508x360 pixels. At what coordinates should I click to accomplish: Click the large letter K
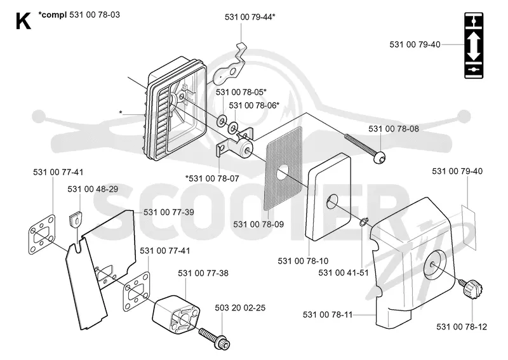23,21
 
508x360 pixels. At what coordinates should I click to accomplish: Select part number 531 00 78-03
95,15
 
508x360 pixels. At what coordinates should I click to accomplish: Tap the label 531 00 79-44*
250,17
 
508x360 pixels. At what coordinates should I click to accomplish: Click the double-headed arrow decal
474,45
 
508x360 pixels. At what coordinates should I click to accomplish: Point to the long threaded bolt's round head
380,157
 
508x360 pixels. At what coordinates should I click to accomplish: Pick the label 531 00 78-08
394,129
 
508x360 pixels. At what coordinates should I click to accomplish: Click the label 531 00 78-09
258,224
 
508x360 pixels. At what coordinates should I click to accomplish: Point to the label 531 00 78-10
303,260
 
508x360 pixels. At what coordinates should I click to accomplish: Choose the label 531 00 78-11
328,314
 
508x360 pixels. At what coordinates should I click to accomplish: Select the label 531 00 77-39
169,212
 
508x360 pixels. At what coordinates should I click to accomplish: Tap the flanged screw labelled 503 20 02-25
215,339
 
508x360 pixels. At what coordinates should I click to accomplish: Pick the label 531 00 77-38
203,273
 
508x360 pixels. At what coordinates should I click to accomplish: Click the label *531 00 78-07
212,178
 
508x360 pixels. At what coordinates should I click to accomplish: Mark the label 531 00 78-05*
241,92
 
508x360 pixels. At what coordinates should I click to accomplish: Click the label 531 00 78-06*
255,105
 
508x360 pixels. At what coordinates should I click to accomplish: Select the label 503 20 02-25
240,307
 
